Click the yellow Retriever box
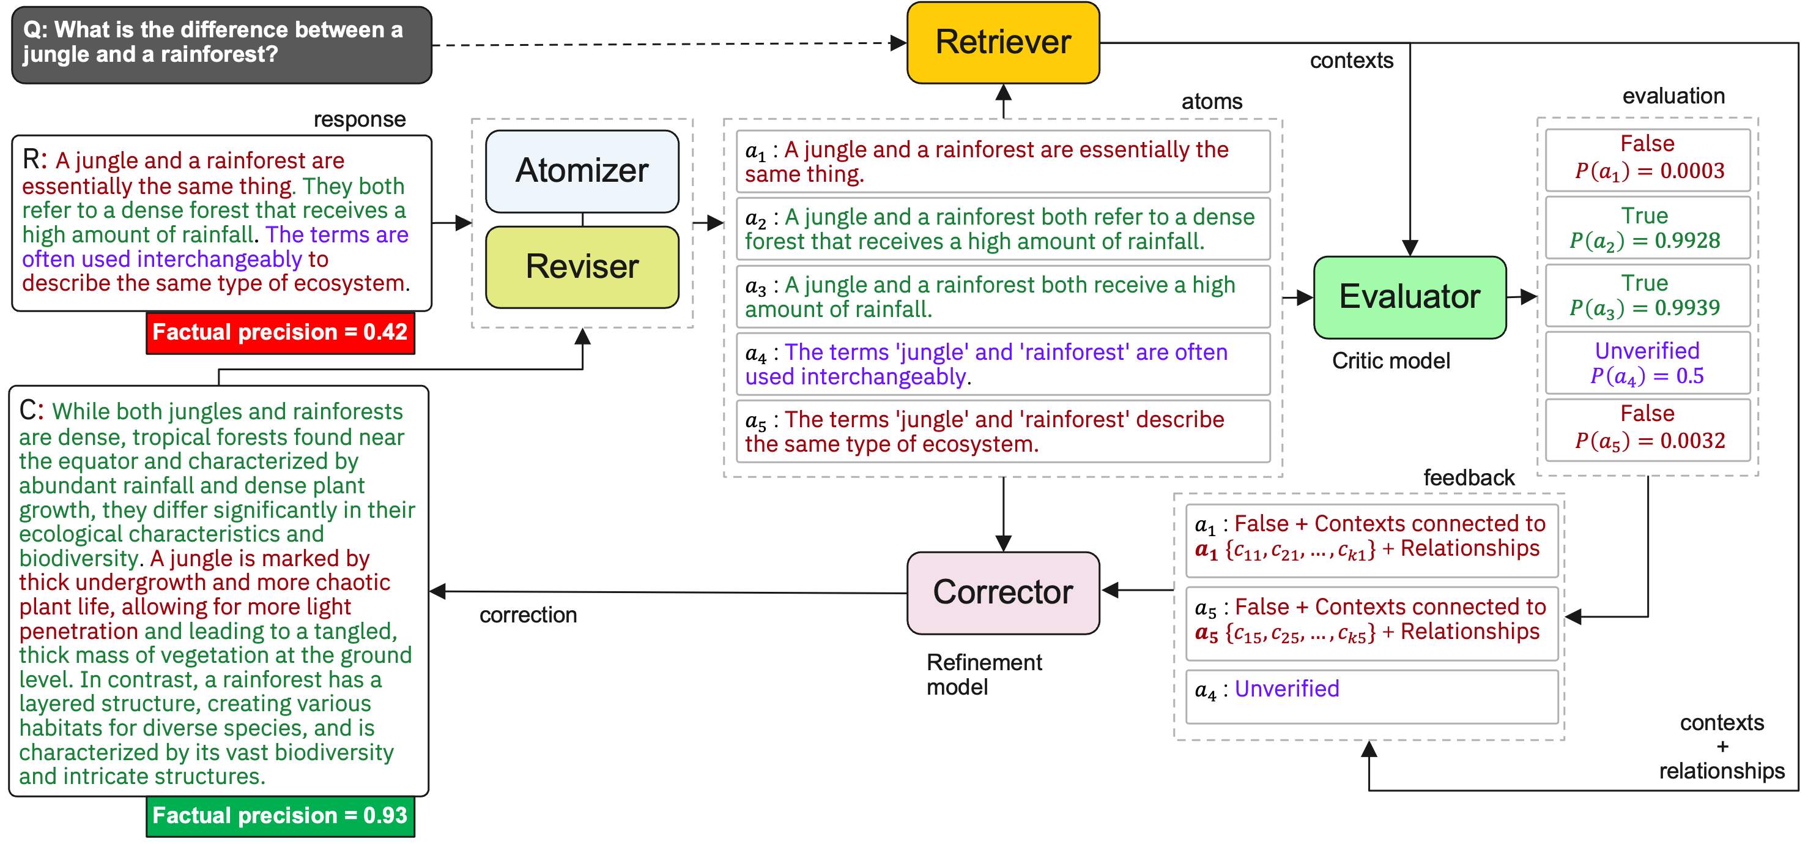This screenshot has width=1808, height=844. (1003, 42)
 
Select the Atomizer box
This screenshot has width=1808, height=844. (582, 171)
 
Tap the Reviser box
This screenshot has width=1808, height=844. (582, 267)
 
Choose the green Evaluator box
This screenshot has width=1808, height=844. (1409, 297)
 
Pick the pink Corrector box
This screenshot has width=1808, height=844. (1003, 592)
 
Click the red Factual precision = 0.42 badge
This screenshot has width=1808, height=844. (280, 333)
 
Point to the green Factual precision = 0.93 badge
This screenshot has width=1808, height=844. (280, 816)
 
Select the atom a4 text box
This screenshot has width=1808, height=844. (1002, 364)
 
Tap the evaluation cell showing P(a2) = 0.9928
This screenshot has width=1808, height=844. (1647, 228)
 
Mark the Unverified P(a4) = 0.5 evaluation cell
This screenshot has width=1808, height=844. (1647, 363)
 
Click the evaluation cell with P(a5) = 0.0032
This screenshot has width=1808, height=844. (1647, 430)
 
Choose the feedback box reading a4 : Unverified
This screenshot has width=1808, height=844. (1371, 696)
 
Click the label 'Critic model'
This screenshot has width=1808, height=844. (1390, 361)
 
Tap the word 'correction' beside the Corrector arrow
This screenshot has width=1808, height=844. (528, 615)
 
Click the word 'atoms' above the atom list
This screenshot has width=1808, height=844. (1212, 102)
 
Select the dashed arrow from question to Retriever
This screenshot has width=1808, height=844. (670, 44)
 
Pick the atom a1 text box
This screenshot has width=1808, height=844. (1002, 162)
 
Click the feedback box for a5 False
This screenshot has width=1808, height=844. (1371, 624)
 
